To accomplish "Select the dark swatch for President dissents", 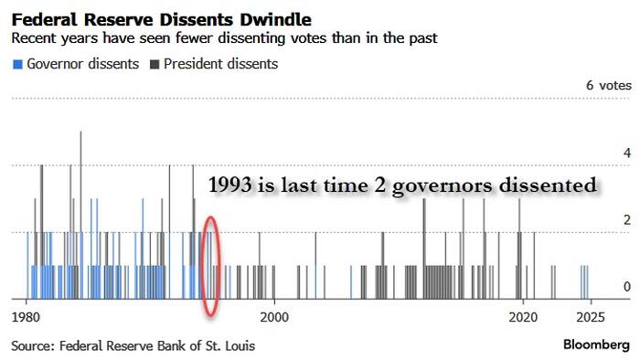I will [155, 65].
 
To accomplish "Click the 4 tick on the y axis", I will [626, 154].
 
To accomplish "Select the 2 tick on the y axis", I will [626, 220].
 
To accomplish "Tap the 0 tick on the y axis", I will [626, 287].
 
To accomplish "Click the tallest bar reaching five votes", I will [80, 210].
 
